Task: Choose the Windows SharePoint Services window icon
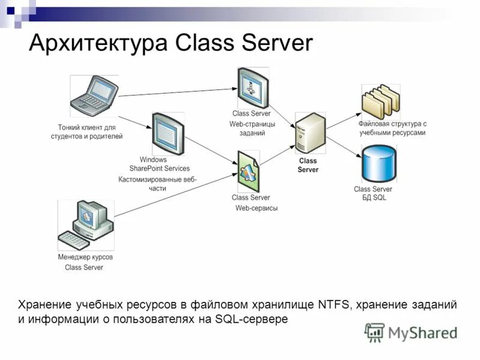pyautogui.click(x=167, y=134)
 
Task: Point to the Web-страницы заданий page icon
pyautogui.click(x=252, y=88)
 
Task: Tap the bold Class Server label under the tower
pyautogui.click(x=308, y=165)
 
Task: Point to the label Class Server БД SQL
pyautogui.click(x=373, y=193)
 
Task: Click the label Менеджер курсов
pyautogui.click(x=85, y=257)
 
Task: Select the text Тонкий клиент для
pyautogui.click(x=86, y=127)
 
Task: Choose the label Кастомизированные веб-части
pyautogui.click(x=157, y=184)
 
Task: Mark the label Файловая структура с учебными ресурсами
pyautogui.click(x=392, y=128)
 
